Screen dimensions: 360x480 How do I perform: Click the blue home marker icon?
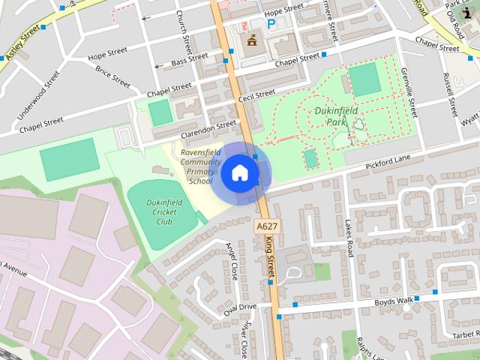pyautogui.click(x=239, y=173)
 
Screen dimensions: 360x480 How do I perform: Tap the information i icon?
pyautogui.click(x=469, y=12)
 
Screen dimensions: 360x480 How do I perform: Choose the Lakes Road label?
pyautogui.click(x=349, y=239)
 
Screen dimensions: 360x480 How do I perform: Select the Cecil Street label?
pyautogui.click(x=257, y=94)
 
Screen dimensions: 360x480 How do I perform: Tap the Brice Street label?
pyautogui.click(x=113, y=77)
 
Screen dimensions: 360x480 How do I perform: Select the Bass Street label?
pyautogui.click(x=190, y=58)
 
